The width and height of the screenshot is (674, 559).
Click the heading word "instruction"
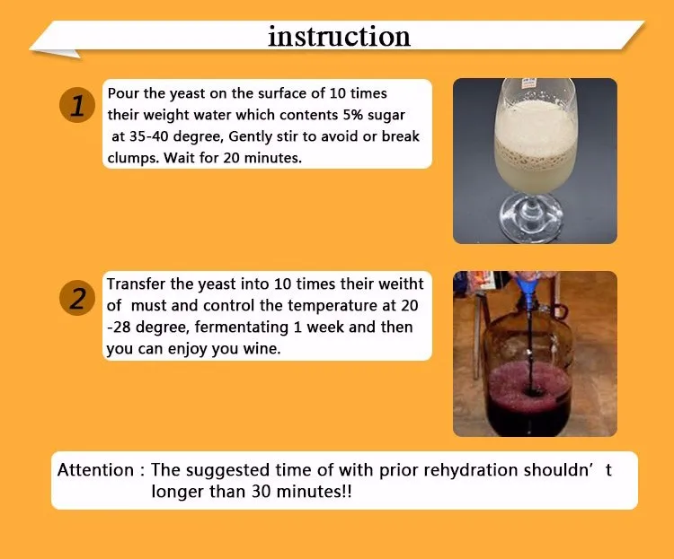tap(339, 36)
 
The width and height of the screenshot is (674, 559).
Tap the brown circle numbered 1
tap(77, 105)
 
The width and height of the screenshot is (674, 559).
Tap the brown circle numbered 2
tap(77, 298)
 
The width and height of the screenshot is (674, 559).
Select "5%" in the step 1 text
tap(353, 115)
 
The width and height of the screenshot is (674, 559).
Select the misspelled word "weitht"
tap(402, 284)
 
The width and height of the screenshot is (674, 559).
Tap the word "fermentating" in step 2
tap(242, 328)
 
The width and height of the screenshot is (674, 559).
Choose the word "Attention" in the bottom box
tap(95, 470)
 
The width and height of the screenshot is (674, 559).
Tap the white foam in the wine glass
tap(536, 126)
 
